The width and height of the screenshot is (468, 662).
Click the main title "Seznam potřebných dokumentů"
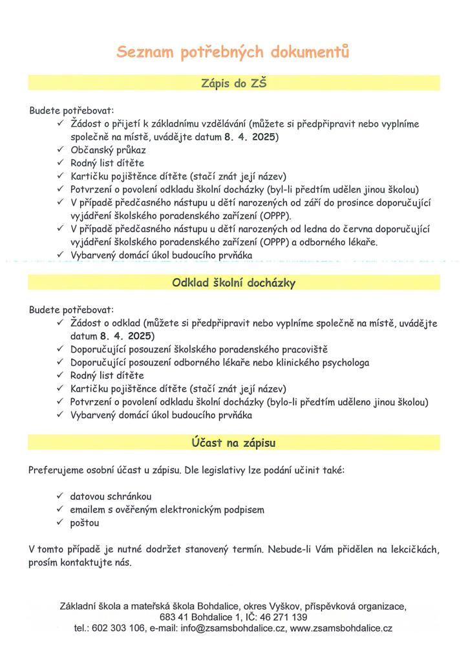click(233, 52)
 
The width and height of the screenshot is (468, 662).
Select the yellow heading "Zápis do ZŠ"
click(233, 83)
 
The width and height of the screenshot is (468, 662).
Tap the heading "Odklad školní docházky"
click(233, 283)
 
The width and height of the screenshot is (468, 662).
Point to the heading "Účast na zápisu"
click(233, 442)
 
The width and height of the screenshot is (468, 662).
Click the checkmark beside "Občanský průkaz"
click(59, 150)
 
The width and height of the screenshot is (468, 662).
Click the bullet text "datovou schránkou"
click(111, 496)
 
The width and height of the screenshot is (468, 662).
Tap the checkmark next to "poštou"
click(59, 522)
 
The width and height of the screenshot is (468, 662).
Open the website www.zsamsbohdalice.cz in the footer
click(341, 628)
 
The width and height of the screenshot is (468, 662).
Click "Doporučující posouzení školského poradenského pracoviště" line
click(199, 349)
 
